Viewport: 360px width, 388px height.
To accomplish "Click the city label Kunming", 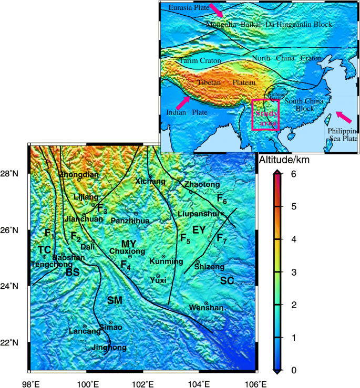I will (x=166, y=261).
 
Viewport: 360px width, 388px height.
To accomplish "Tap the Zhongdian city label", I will (x=78, y=174).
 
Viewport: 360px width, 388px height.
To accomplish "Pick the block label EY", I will (x=199, y=230).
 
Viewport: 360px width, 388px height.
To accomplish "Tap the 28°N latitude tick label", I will (x=12, y=173).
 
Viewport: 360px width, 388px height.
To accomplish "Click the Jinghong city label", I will (x=109, y=348).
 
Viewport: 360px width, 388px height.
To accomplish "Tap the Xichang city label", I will (x=150, y=182).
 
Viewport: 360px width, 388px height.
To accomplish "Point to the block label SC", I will (x=227, y=281).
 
